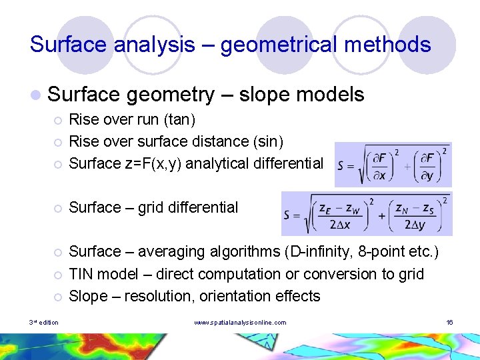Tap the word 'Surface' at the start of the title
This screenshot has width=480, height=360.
tap(69, 45)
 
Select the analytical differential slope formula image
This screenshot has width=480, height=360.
tap(393, 164)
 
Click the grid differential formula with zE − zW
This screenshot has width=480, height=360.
tap(367, 213)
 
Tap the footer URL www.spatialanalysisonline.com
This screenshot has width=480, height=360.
tap(240, 323)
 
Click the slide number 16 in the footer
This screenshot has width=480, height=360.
tap(449, 323)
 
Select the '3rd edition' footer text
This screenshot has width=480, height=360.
tap(43, 323)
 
